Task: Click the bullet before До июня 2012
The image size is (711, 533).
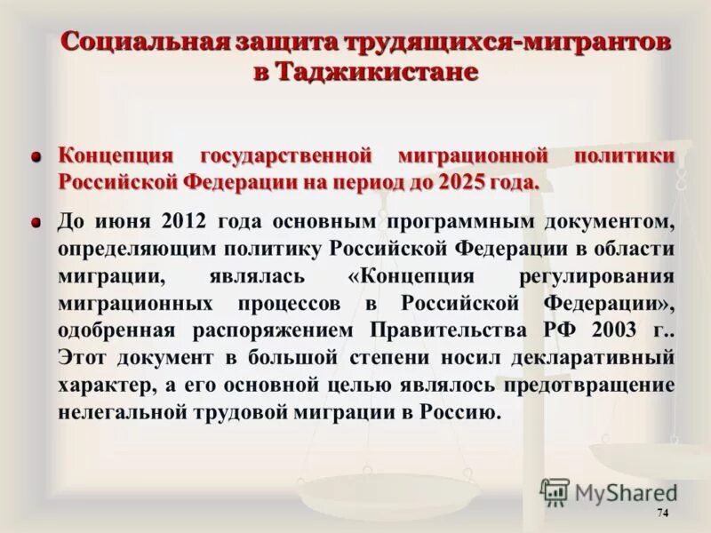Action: coord(36,221)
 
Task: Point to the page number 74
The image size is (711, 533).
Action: coord(661,514)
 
